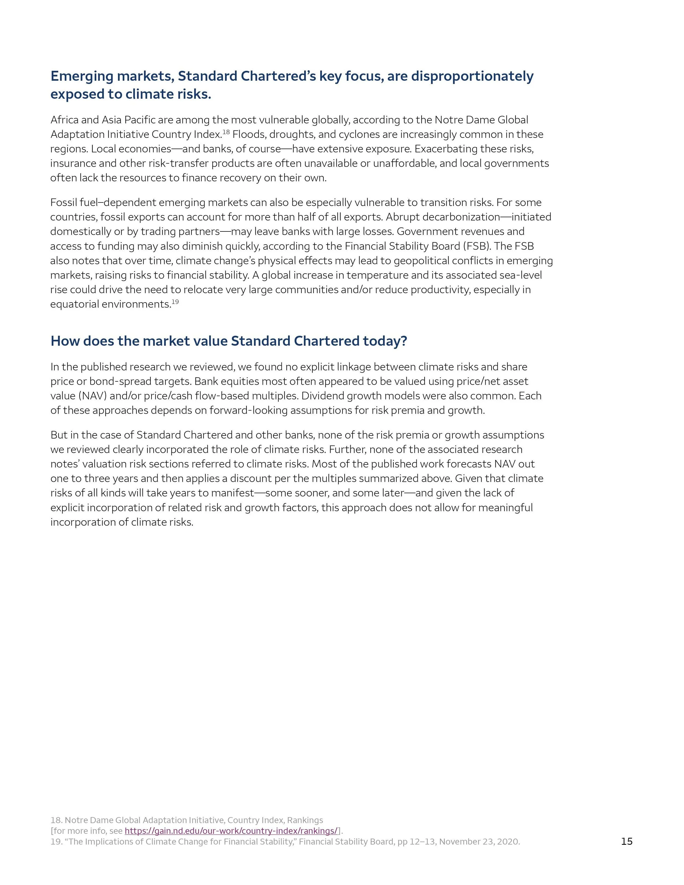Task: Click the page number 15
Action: tap(627, 841)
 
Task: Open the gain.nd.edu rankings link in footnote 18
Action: tap(231, 831)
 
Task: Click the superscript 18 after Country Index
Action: tap(226, 132)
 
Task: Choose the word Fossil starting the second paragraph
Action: tap(63, 203)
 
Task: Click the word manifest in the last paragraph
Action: tap(237, 493)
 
